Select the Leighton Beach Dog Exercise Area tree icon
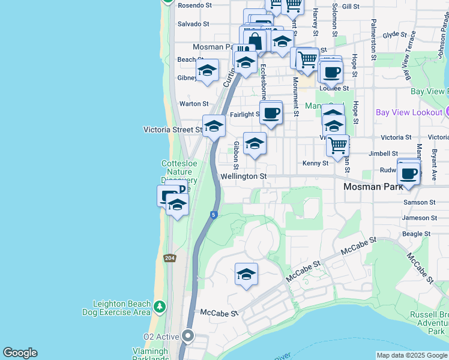click(x=159, y=307)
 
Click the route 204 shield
click(x=170, y=257)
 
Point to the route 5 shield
click(x=213, y=215)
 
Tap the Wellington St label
click(x=243, y=176)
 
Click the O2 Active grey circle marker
click(x=188, y=336)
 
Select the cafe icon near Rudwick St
click(x=409, y=173)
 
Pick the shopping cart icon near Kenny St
click(x=338, y=145)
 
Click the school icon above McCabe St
click(x=246, y=274)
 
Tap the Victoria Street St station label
click(x=173, y=130)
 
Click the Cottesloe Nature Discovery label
click(x=179, y=172)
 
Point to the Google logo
click(x=20, y=353)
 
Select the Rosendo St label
click(x=194, y=5)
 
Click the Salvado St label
click(x=193, y=24)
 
